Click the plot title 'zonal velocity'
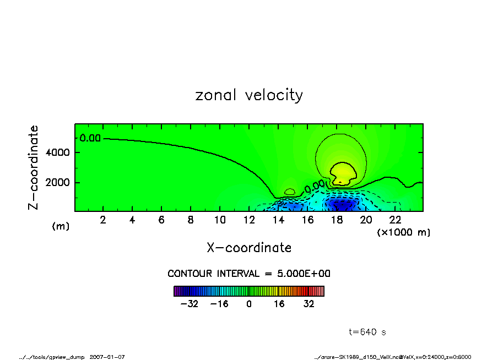pyautogui.click(x=249, y=95)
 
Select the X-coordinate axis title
pyautogui.click(x=249, y=248)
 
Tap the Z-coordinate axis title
pyautogui.click(x=34, y=167)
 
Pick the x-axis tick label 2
pyautogui.click(x=103, y=220)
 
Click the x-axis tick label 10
pyautogui.click(x=219, y=220)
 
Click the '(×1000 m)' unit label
pyautogui.click(x=404, y=232)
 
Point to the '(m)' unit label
pyautogui.click(x=61, y=226)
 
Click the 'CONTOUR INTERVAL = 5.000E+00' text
pyautogui.click(x=249, y=274)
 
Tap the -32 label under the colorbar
pyautogui.click(x=190, y=304)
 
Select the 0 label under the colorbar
pyautogui.click(x=249, y=304)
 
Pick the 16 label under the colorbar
pyautogui.click(x=280, y=304)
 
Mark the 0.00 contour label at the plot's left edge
pyautogui.click(x=90, y=138)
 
